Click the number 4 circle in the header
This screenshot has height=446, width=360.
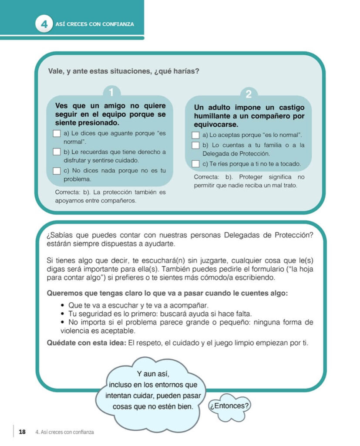click(44, 24)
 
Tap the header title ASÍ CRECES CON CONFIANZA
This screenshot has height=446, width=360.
click(95, 24)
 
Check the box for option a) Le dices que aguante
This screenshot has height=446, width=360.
click(57, 134)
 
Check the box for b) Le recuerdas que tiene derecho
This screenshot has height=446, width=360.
click(57, 152)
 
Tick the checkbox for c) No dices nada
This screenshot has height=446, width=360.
click(57, 171)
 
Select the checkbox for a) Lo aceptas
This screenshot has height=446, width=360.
click(196, 135)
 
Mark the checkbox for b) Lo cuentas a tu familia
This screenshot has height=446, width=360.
click(196, 145)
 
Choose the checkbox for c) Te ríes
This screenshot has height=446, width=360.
click(196, 164)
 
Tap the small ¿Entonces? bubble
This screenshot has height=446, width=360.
click(229, 406)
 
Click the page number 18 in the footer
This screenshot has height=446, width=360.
click(22, 432)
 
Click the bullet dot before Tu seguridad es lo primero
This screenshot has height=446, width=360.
click(64, 314)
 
